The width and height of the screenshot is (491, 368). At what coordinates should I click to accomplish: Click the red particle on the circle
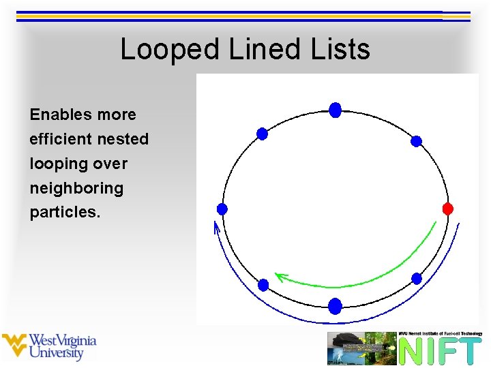(x=448, y=209)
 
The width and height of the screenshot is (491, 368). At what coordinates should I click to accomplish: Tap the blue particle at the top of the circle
(x=335, y=110)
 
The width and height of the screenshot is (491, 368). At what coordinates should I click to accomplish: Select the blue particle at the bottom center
(x=335, y=306)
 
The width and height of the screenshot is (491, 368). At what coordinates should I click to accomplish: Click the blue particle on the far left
(x=222, y=209)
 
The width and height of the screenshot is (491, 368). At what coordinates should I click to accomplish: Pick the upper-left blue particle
(x=262, y=134)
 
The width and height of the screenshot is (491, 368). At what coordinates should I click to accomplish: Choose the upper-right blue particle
(x=416, y=141)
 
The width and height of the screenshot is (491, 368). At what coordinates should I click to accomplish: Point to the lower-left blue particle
(x=263, y=285)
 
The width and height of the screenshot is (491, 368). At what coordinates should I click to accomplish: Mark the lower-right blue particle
(x=417, y=278)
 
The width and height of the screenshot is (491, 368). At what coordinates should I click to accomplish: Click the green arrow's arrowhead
(x=279, y=277)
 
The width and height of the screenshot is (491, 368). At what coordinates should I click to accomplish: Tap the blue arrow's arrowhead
(x=217, y=226)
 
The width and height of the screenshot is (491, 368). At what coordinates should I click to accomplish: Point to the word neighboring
(x=76, y=188)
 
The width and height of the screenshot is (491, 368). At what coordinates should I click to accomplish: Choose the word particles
(x=65, y=213)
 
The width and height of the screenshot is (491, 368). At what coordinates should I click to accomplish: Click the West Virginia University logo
(x=49, y=347)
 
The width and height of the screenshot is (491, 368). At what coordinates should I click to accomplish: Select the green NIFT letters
(x=440, y=351)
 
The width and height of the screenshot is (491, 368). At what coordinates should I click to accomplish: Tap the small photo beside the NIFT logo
(x=361, y=348)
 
